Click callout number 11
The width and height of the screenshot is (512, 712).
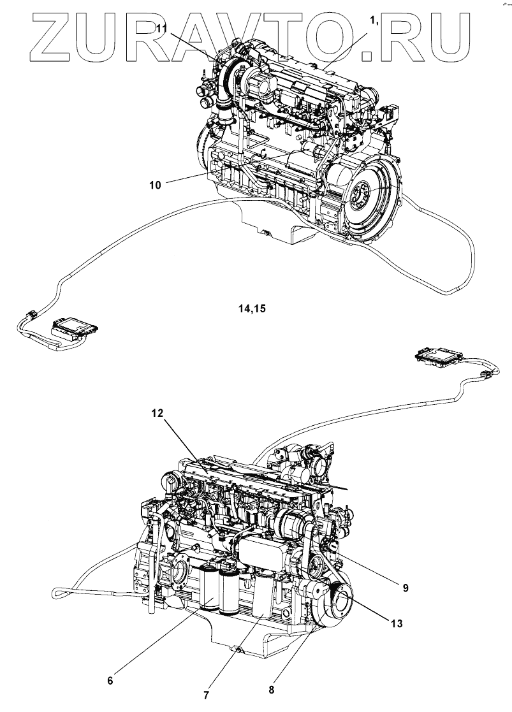tap(163, 27)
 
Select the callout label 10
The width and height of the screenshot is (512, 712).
tap(155, 185)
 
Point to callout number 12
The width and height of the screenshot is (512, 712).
tap(157, 412)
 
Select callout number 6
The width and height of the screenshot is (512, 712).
tap(110, 681)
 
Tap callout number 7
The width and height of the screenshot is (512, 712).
tap(206, 694)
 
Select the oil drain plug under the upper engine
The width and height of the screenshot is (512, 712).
tap(261, 233)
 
